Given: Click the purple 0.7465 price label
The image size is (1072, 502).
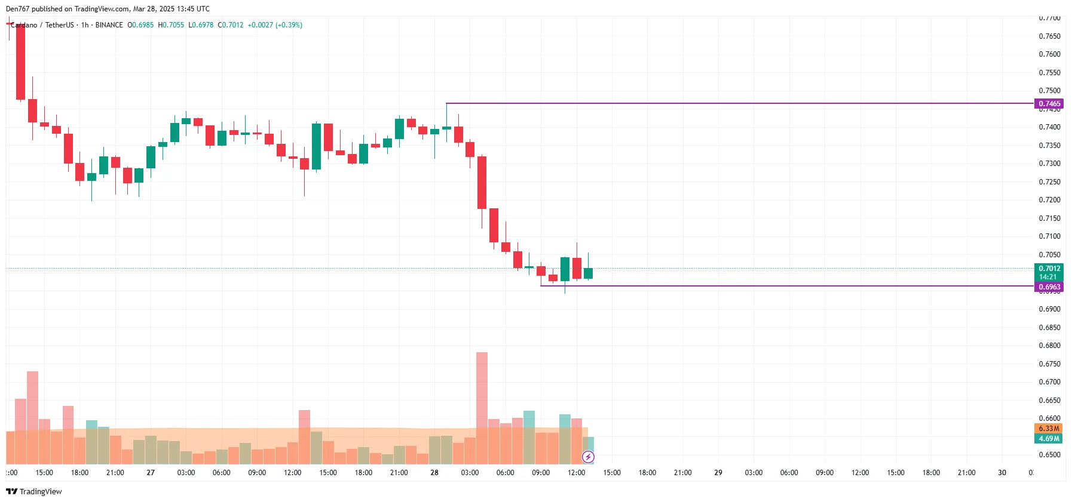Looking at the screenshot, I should [x=1049, y=104].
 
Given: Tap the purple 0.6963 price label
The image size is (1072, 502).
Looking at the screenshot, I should [x=1049, y=287].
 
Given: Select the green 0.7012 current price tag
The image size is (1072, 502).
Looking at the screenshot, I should [x=1049, y=269].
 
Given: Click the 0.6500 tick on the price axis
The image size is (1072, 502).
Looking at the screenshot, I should [x=1049, y=455].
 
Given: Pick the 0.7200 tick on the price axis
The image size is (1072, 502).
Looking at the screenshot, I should [x=1049, y=200].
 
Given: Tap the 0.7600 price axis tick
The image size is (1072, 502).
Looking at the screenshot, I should [x=1049, y=54].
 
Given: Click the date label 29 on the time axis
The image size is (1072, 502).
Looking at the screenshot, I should [x=718, y=473].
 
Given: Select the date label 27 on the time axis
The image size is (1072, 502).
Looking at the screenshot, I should [x=151, y=473].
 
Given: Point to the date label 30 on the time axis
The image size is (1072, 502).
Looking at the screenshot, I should [x=1002, y=473].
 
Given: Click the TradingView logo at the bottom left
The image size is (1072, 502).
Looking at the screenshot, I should [x=34, y=492].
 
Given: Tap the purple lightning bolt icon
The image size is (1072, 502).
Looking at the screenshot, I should [x=588, y=457].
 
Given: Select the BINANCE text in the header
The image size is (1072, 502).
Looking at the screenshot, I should [x=109, y=25].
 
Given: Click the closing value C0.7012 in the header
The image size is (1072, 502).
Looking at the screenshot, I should [x=231, y=25].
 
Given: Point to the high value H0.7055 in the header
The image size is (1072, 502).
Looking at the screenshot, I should [x=171, y=25].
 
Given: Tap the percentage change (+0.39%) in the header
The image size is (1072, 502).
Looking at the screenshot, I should [x=289, y=25].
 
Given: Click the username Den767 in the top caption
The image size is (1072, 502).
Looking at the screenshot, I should [x=17, y=9].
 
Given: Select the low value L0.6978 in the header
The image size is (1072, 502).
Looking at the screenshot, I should [x=201, y=25].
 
